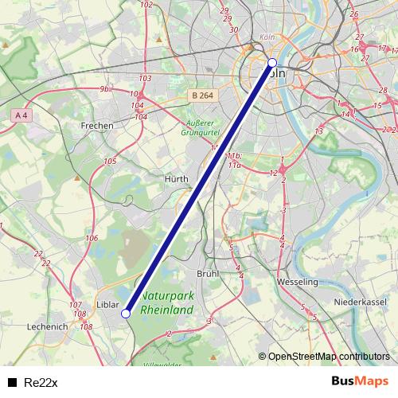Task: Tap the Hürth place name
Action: point(176,179)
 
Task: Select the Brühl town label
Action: point(207,273)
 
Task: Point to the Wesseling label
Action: point(297,282)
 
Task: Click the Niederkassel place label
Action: point(360,302)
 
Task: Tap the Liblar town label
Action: point(107,305)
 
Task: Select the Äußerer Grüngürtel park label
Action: point(201,128)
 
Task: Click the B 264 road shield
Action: point(202,96)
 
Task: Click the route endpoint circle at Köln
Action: point(272,62)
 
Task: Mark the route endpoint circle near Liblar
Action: point(126,314)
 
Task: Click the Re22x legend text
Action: point(41,382)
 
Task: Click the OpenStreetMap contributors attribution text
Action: point(329,356)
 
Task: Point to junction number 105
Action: point(110,162)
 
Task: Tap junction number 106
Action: point(92,238)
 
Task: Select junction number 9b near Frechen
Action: point(103,89)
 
